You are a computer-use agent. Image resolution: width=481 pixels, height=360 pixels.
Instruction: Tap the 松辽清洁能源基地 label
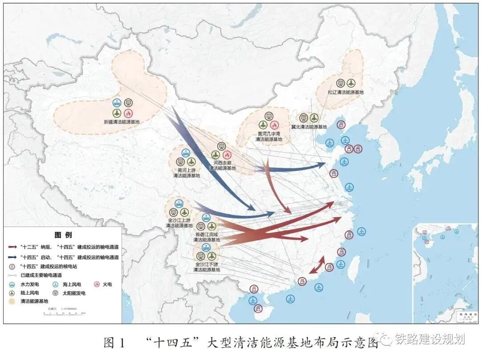(346, 92)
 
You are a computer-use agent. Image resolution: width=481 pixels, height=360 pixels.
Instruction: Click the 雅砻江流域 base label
(205, 237)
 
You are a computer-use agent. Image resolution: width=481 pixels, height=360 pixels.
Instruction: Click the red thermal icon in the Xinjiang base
(128, 113)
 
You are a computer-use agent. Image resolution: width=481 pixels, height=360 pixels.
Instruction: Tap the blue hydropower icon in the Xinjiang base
(117, 103)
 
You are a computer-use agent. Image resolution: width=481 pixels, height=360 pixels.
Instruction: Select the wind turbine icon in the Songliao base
(351, 83)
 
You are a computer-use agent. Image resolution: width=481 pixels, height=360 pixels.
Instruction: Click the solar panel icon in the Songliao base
(340, 83)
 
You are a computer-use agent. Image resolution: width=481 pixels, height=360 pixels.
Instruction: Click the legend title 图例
(63, 235)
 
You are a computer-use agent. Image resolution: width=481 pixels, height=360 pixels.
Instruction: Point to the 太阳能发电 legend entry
(69, 293)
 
